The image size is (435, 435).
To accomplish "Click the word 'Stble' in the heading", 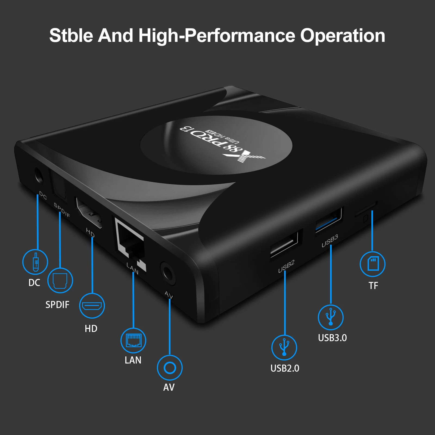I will (71, 36).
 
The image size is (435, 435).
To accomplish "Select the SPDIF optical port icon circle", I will (60, 280).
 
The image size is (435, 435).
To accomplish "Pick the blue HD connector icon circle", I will (92, 306).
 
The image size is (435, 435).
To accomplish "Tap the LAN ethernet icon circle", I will (133, 340).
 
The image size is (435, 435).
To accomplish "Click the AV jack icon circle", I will (170, 368).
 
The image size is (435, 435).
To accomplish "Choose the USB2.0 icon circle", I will (284, 348).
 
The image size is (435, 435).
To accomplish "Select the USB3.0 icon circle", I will (331, 317).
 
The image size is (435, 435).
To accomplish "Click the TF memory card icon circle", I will (372, 264).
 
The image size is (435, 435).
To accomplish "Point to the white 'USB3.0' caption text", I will (332, 338).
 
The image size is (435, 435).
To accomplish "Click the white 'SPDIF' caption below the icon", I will (57, 305).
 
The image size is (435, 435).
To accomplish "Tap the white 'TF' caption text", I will (373, 286).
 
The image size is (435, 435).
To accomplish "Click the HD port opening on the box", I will (89, 212).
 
